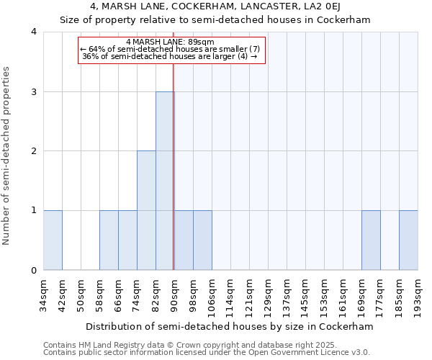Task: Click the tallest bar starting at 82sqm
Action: point(165,181)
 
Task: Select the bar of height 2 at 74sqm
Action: point(146,210)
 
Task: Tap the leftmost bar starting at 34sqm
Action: point(53,240)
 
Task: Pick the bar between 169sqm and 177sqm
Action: point(371,240)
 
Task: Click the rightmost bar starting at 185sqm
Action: point(408,240)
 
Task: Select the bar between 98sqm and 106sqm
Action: point(202,240)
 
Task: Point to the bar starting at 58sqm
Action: point(109,240)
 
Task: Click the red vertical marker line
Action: point(174,166)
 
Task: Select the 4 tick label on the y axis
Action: point(33,32)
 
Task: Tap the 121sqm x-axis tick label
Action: point(250,294)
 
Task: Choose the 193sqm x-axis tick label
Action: point(418,294)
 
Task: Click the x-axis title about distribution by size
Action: point(230,326)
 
